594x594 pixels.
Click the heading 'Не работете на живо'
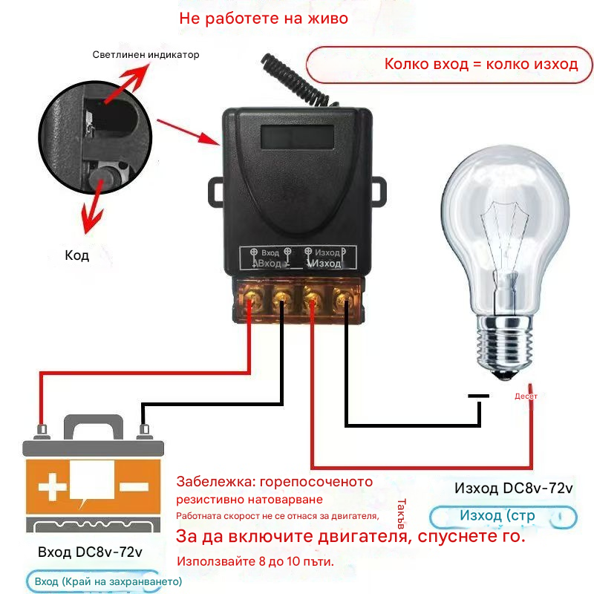(263, 19)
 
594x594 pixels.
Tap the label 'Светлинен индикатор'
(146, 55)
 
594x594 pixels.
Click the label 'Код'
(76, 255)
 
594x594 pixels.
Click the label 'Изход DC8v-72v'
(513, 489)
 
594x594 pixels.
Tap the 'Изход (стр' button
(503, 516)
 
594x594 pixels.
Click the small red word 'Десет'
(526, 396)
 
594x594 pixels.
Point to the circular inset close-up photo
(97, 141)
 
